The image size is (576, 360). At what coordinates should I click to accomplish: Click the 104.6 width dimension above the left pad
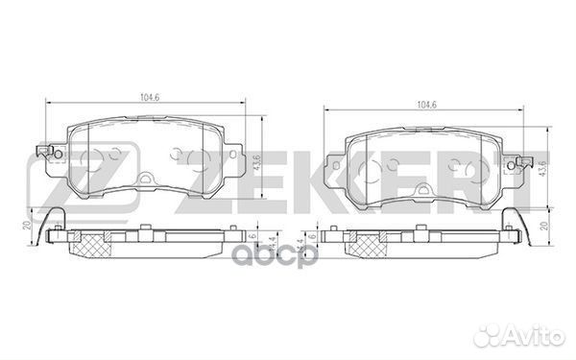point(150,98)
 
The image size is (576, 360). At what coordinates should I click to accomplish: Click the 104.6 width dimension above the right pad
point(426,105)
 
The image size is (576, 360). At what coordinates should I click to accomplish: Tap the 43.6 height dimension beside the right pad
point(542,168)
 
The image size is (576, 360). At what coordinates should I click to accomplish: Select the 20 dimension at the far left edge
point(26,226)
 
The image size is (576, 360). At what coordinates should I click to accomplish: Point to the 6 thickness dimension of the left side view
point(252,236)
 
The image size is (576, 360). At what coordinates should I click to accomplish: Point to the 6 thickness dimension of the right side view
point(313,236)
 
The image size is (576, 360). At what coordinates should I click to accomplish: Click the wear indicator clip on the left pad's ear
point(46,152)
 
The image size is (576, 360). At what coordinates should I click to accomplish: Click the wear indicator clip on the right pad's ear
point(523,162)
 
